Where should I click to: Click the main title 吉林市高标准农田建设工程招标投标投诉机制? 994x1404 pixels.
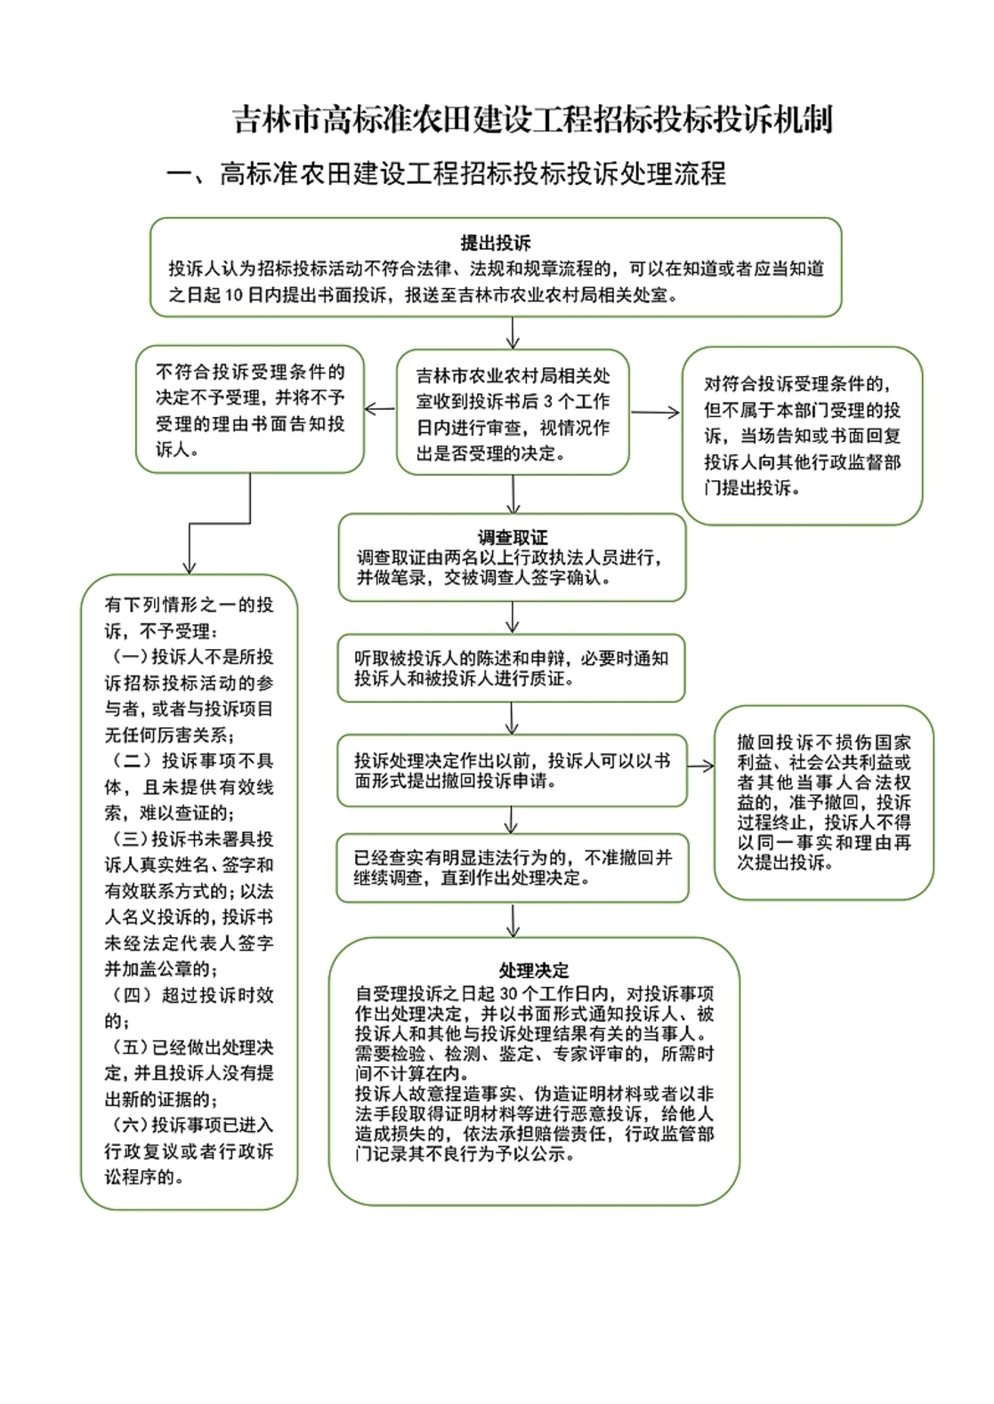[x=532, y=119]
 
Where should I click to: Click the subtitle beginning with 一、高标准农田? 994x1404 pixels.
[x=447, y=173]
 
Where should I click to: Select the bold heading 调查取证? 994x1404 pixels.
[x=512, y=538]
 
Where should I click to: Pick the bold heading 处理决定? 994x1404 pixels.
[x=534, y=970]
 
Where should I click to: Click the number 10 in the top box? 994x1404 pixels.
[x=235, y=295]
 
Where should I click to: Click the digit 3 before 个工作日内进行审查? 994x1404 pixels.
[x=549, y=401]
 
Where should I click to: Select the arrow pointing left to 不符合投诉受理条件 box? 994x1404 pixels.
[x=380, y=410]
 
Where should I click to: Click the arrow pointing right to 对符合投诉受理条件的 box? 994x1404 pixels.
[x=655, y=412]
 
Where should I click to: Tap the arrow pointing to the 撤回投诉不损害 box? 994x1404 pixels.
[x=701, y=766]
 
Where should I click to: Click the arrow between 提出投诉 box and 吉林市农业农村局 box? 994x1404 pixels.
[x=513, y=332]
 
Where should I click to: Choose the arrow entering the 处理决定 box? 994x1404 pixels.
[x=513, y=920]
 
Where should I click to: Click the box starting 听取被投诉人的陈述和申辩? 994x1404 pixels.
[x=511, y=669]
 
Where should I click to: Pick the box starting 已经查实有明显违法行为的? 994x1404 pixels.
[x=513, y=868]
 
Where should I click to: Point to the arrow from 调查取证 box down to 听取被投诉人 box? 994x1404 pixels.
[x=513, y=617]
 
